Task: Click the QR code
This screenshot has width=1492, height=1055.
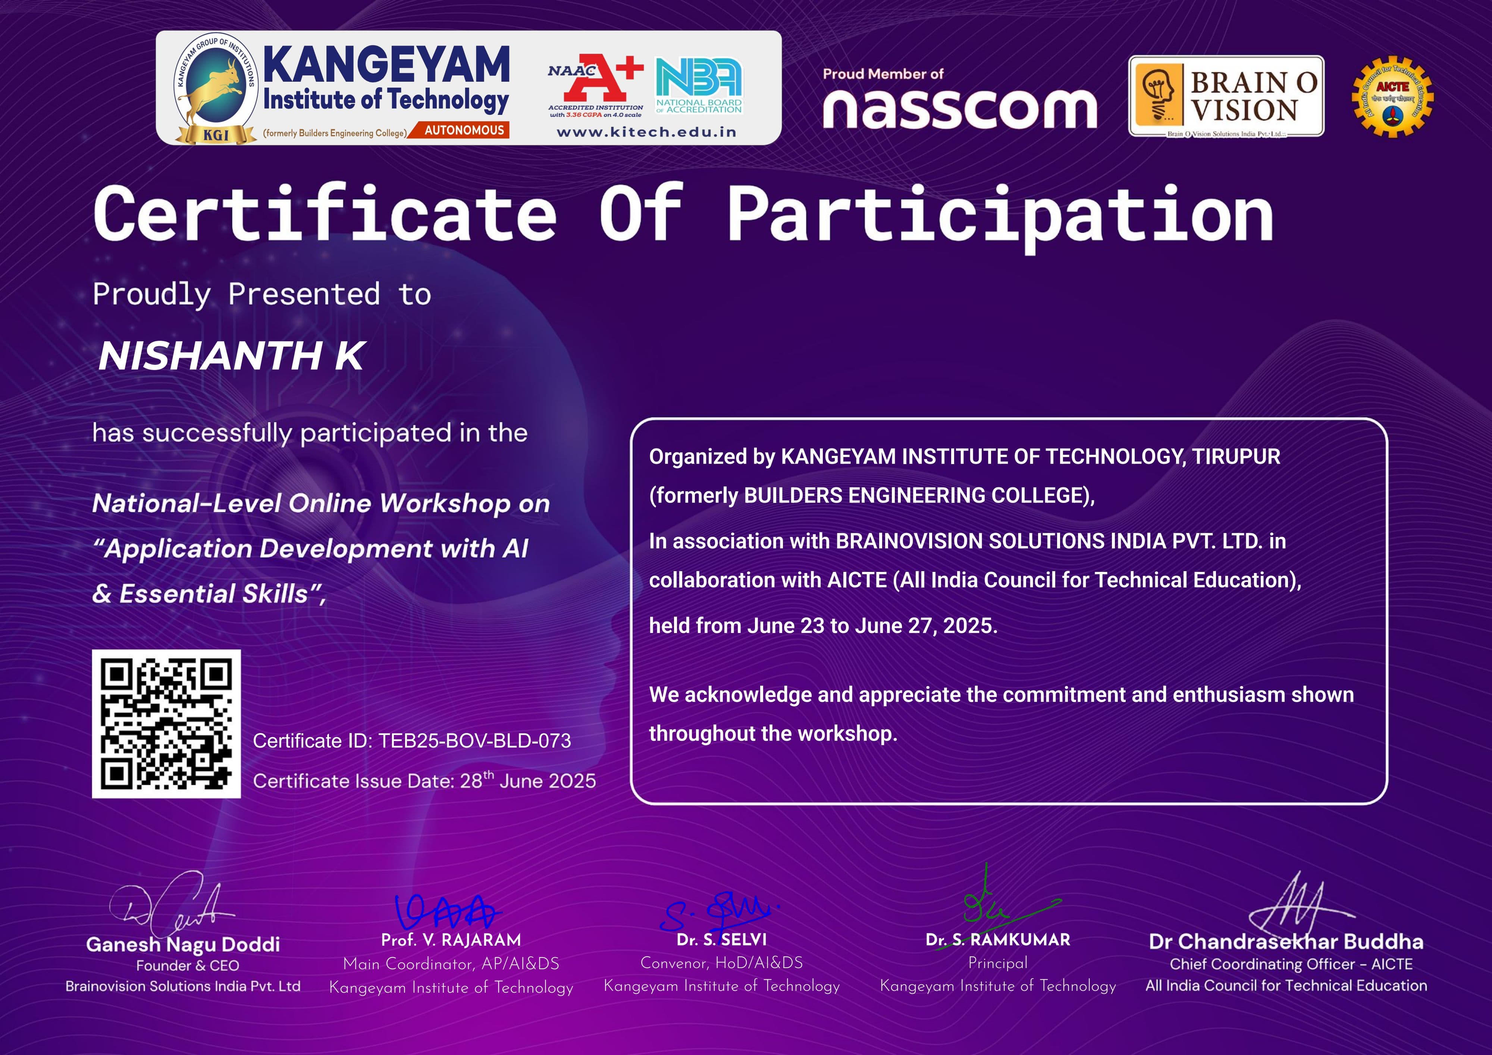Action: point(166,723)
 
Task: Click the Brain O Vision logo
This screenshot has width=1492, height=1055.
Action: point(1226,96)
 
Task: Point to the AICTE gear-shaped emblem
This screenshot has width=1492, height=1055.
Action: point(1392,97)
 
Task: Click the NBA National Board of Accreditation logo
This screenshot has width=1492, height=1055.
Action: point(699,86)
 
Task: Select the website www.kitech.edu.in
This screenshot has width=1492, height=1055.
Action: point(646,132)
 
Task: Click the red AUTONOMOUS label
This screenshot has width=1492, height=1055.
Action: point(464,130)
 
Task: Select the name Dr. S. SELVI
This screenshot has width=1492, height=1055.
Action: point(721,940)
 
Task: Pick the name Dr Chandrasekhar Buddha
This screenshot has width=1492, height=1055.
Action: point(1286,942)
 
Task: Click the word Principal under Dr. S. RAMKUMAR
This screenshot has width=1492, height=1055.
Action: point(997,963)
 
